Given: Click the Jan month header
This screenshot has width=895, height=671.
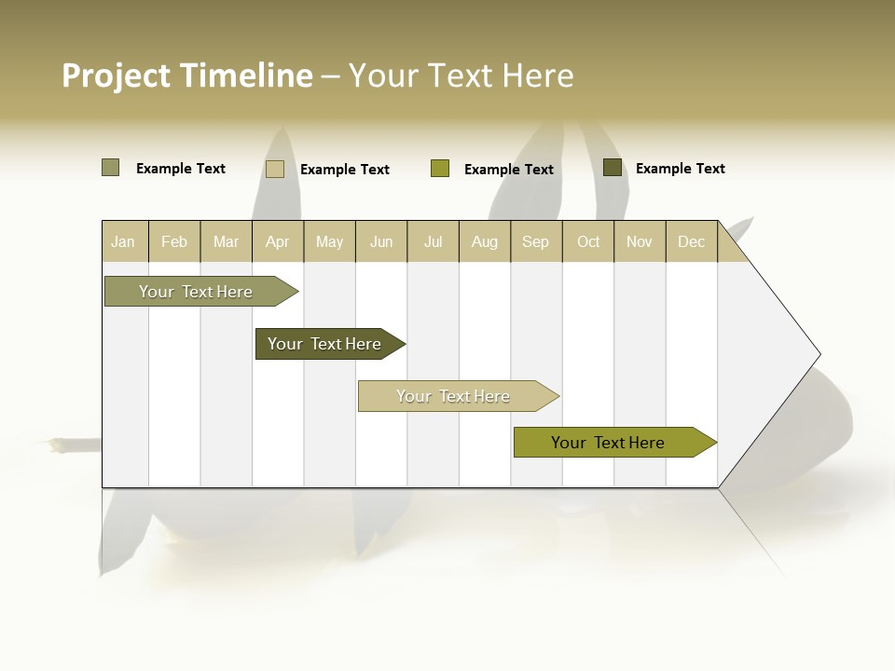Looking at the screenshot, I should pos(123,241).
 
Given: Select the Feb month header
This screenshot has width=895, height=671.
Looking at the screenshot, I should pos(174,241).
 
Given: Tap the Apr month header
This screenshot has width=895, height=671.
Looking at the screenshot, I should pos(278,241).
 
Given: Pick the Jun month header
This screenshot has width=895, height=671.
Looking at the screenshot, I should pos(381,241).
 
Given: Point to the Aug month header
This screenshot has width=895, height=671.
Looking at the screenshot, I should pos(485,241).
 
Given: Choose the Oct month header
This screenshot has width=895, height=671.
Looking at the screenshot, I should pos(588,241).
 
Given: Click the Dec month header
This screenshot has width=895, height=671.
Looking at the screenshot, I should pos(692,241).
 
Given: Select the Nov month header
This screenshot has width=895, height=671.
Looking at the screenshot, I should pos(640,241).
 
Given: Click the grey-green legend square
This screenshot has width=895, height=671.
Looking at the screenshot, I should pos(110,168).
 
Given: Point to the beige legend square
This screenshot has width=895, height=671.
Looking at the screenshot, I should pos(275,169).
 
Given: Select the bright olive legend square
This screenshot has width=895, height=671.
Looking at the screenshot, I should pos(440,169).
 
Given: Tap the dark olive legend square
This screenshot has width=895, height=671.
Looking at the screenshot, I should pos(613,168).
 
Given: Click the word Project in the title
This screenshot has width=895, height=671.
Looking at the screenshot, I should pos(117,75).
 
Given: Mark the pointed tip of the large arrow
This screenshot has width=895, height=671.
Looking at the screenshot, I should pos(819,354).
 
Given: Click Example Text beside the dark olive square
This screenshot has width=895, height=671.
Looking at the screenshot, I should pos(680,168).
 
